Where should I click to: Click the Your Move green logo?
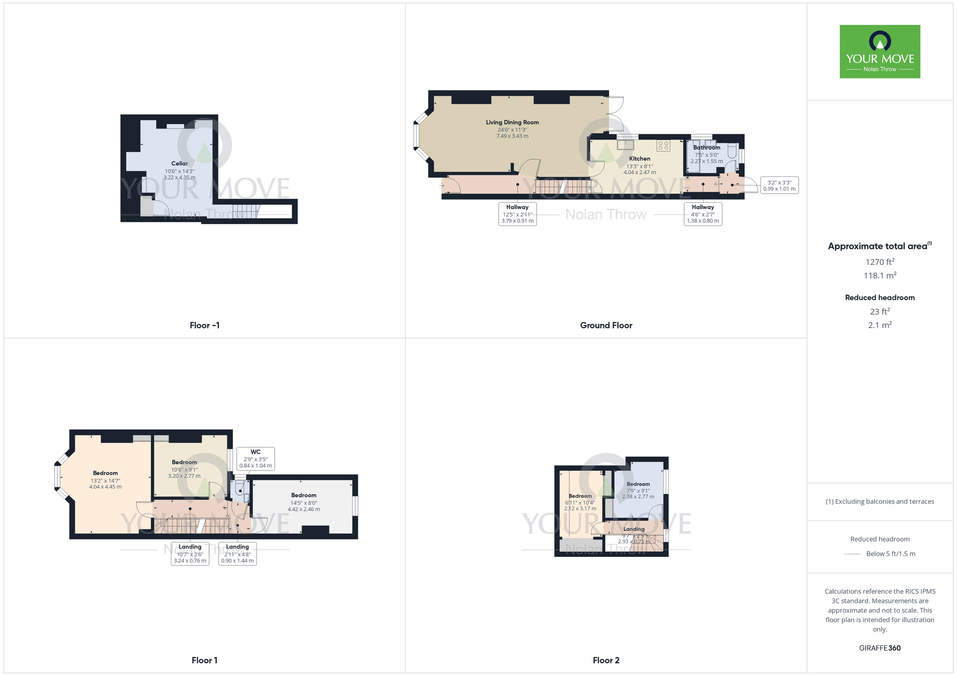tap(879, 52)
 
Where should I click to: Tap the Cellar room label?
tap(179, 164)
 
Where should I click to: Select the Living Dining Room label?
tap(512, 122)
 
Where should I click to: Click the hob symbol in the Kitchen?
tap(663, 145)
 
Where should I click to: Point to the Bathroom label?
tap(706, 148)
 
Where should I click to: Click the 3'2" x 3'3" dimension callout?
tap(779, 185)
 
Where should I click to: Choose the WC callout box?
tap(256, 458)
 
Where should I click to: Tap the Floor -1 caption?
tap(204, 326)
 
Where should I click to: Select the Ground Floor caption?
tap(606, 326)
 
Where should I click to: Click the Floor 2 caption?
tap(606, 660)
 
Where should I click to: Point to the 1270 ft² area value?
tap(879, 262)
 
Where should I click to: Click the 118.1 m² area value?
tap(879, 275)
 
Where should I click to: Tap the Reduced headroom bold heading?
tap(879, 297)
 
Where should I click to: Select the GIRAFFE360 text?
tap(879, 648)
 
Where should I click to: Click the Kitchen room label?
tap(639, 159)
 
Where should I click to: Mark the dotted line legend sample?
tap(853, 554)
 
